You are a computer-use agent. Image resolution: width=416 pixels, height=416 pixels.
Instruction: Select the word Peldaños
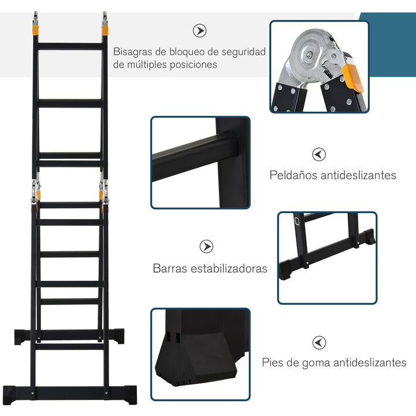coord(295,175)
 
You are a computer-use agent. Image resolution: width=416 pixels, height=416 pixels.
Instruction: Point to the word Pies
coord(273,363)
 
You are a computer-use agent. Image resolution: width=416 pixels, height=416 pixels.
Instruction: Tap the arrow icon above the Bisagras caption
coord(199,31)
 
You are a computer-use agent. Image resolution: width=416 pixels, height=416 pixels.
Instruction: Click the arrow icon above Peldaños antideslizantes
coord(319,154)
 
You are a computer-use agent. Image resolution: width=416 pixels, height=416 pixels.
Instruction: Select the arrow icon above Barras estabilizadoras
coord(206,247)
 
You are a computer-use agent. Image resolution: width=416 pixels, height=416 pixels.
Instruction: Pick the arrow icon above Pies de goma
coord(319,343)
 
